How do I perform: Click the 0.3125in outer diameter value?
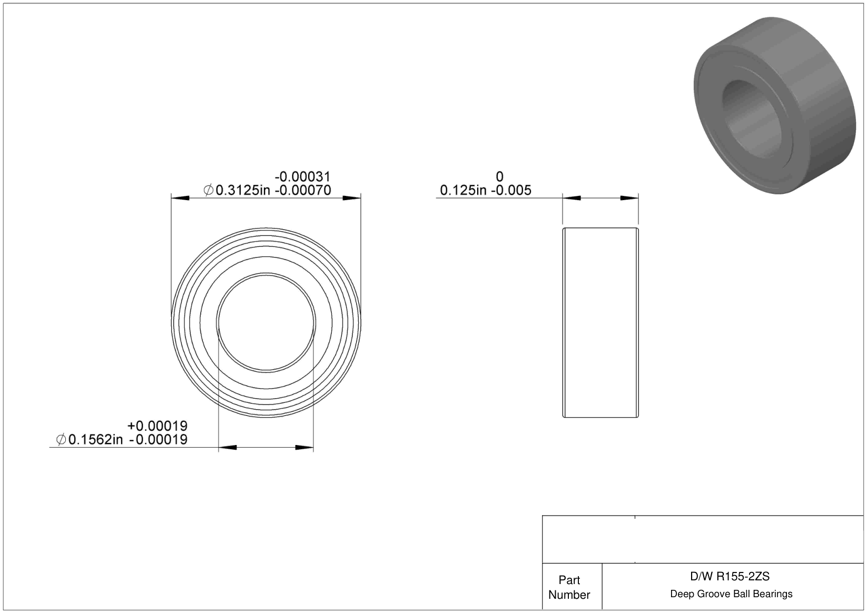tap(242, 191)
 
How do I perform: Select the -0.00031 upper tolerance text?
tap(302, 177)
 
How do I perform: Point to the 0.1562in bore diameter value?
tap(95, 440)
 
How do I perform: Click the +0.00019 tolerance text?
tap(157, 426)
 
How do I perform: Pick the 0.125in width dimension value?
tap(464, 191)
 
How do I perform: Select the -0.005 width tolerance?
tap(511, 191)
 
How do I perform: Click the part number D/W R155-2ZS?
tap(730, 577)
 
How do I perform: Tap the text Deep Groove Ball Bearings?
tap(731, 594)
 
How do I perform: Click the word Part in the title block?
tap(569, 580)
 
